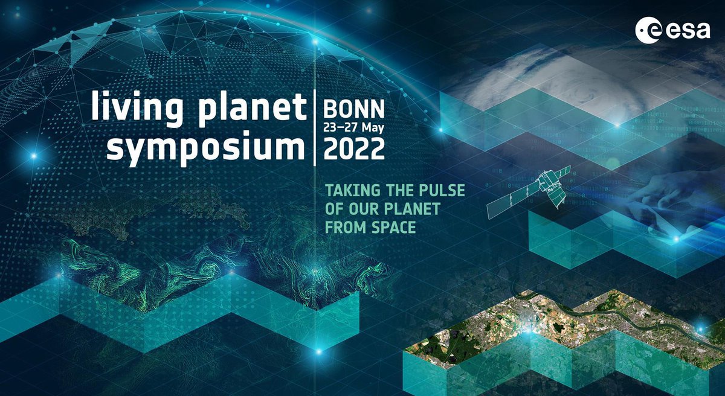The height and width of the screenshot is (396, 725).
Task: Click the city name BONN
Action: [x=354, y=109]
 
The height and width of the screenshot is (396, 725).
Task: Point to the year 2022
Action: [x=354, y=148]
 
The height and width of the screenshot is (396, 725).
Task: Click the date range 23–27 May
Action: [x=354, y=127]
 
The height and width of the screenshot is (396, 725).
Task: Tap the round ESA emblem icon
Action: [x=647, y=31]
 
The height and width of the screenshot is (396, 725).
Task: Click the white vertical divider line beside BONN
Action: [x=315, y=128]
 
